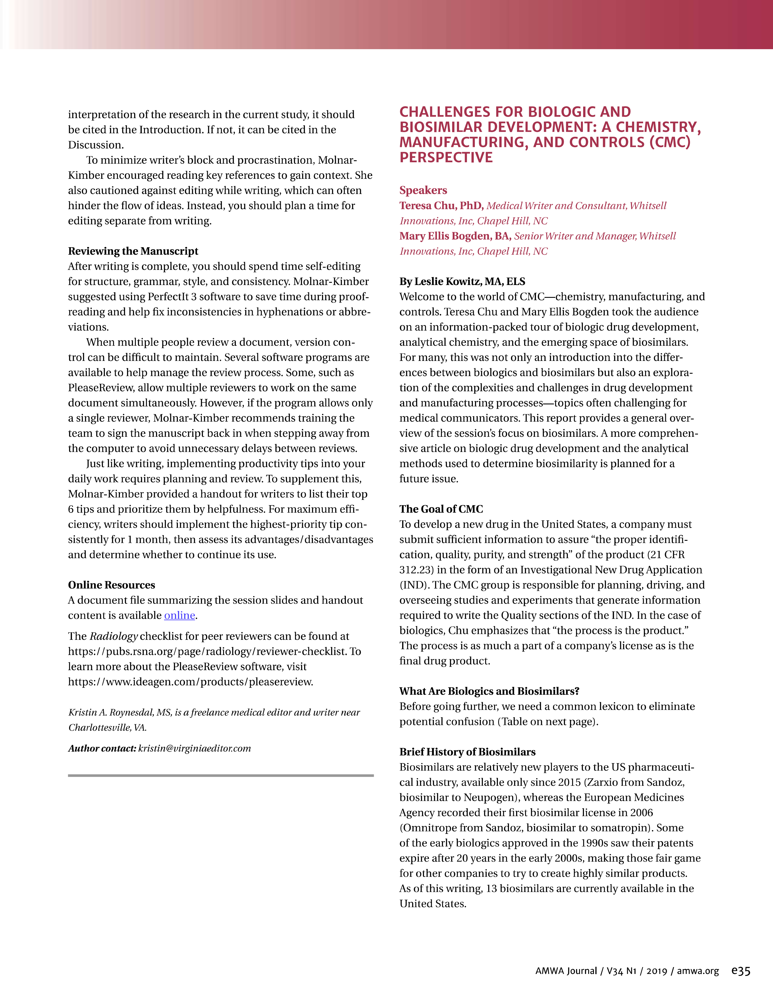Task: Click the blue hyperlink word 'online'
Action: [x=180, y=616]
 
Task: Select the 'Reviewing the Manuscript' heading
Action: [x=133, y=251]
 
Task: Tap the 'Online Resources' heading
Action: [x=111, y=585]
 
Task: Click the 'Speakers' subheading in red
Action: [x=423, y=190]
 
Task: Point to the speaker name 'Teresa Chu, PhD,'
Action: [x=441, y=205]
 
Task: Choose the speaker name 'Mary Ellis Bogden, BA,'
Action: [x=455, y=236]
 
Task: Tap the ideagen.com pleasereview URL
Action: [x=190, y=681]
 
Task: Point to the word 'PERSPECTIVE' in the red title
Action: [x=446, y=157]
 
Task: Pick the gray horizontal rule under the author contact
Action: [x=221, y=776]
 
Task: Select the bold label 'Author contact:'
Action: [x=102, y=748]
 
